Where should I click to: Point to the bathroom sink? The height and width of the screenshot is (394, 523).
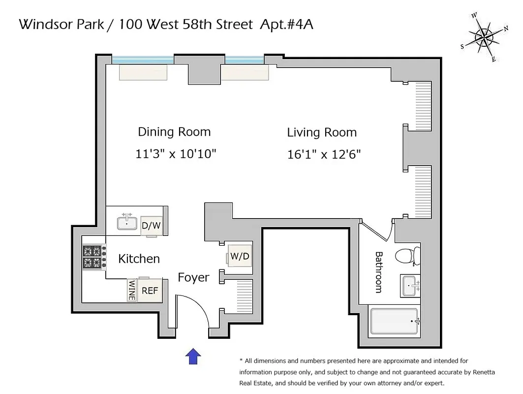410,286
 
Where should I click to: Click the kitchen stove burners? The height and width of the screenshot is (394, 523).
93,257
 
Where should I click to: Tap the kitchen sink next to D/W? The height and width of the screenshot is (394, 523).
127,223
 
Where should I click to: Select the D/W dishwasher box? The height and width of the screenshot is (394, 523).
151,226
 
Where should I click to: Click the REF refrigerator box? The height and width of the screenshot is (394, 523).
150,291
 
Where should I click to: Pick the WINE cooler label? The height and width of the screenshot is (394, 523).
132,291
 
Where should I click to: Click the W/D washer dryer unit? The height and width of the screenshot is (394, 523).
239,257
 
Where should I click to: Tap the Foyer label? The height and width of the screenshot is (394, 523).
193,278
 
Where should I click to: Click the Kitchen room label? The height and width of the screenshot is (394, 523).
139,259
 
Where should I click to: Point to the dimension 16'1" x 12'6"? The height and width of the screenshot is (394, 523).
324,155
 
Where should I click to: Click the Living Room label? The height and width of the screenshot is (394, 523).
322,132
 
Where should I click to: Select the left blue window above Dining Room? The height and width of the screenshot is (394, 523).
143,60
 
